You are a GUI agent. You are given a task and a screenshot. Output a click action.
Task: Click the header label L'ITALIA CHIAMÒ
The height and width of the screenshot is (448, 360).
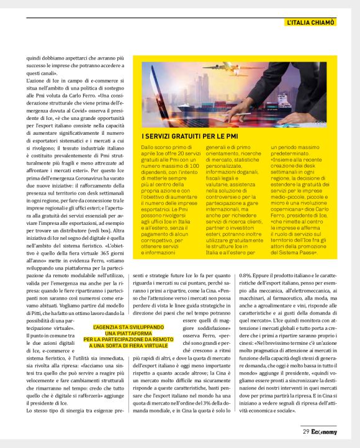[x=311, y=22]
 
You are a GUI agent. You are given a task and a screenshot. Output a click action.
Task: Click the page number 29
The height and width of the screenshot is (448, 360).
[x=306, y=432]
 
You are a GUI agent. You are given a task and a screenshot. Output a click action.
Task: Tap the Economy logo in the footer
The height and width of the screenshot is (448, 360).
[x=325, y=432]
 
